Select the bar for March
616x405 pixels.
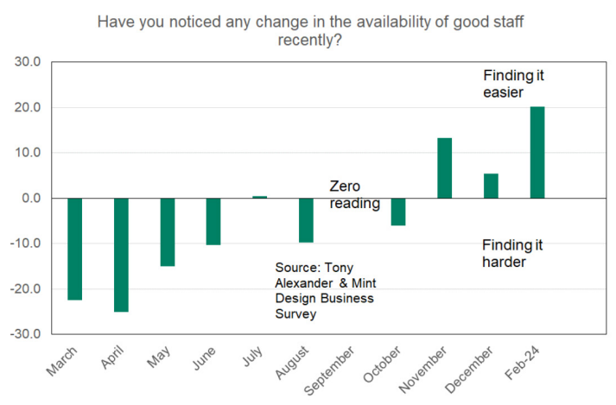click(74, 249)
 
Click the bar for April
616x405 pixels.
click(121, 255)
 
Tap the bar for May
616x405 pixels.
click(168, 232)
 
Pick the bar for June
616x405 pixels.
click(213, 221)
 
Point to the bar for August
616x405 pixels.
click(306, 220)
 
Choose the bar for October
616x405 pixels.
click(398, 212)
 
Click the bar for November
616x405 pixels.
click(445, 168)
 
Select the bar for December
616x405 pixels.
click(491, 186)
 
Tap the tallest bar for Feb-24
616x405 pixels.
click(537, 153)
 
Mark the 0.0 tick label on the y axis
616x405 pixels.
click(31, 198)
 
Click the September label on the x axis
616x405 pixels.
click(335, 367)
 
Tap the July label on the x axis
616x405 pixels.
click(251, 356)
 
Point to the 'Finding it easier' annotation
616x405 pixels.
click(513, 84)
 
